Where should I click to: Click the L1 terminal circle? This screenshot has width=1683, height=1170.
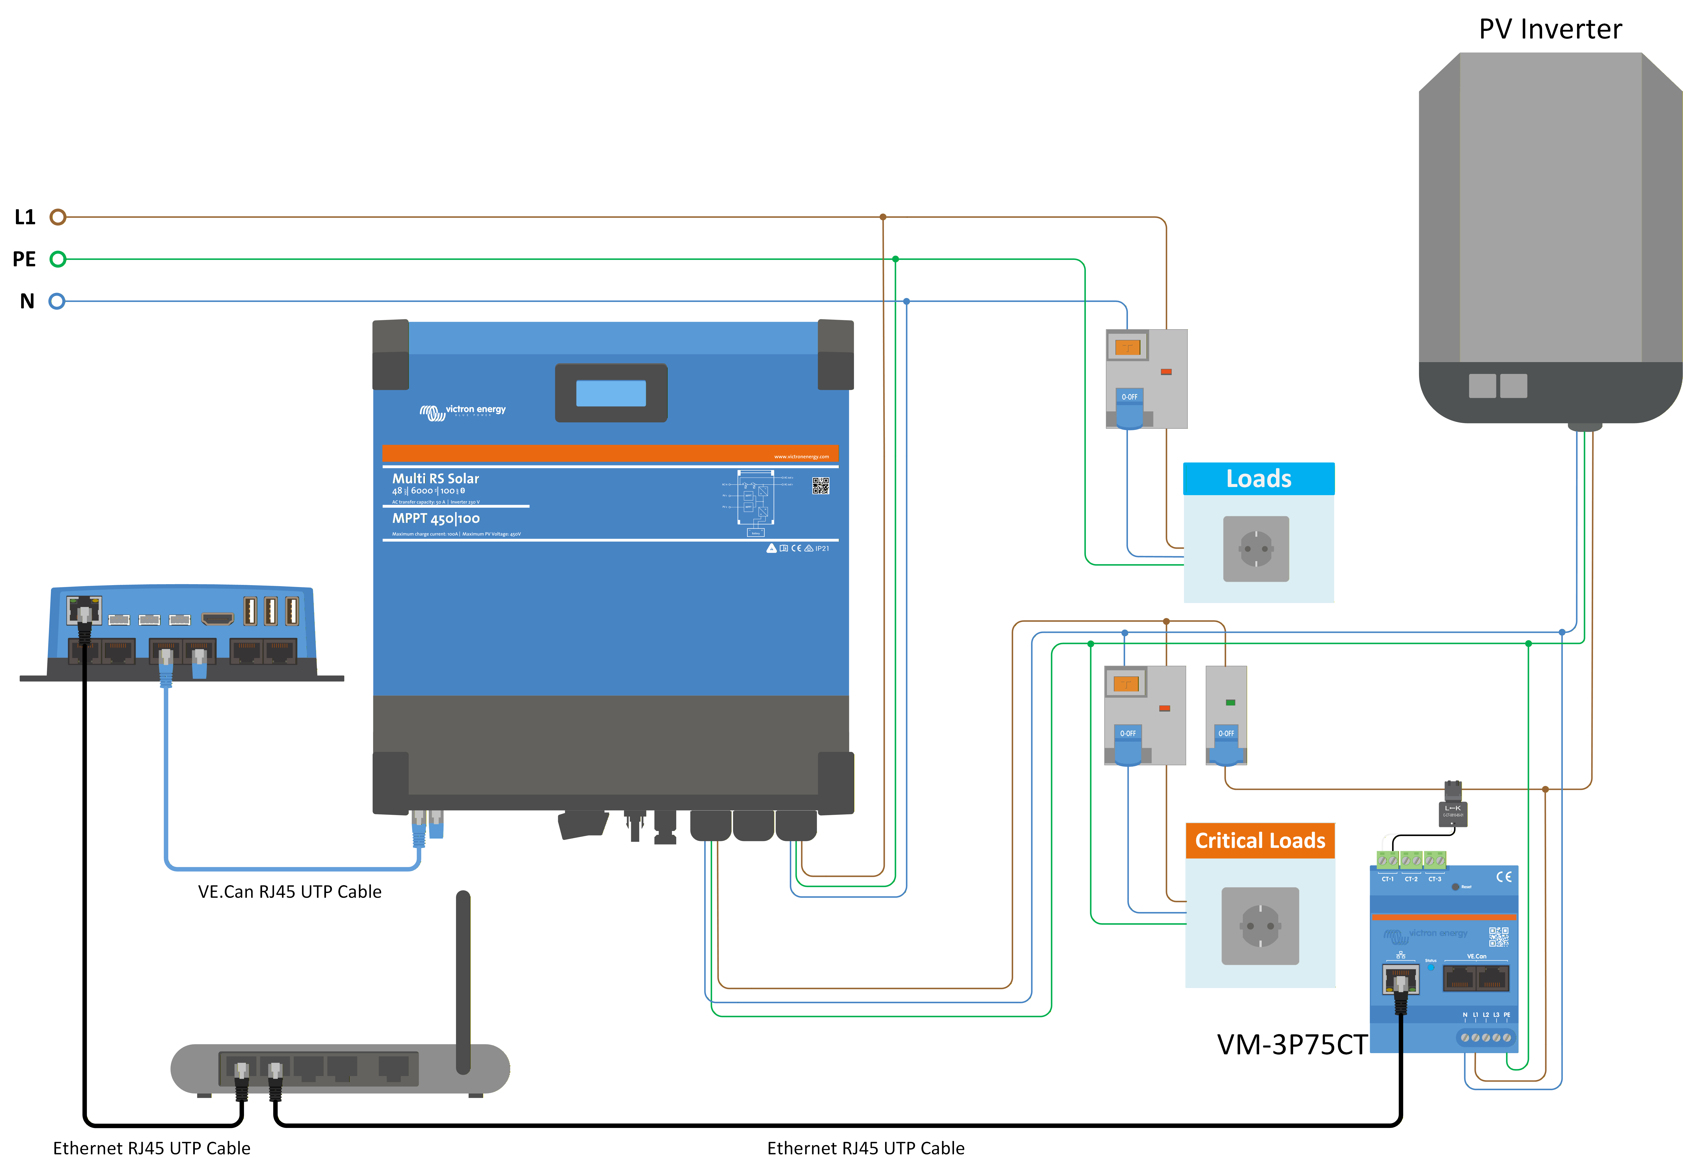(58, 217)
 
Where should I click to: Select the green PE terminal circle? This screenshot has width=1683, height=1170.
(58, 259)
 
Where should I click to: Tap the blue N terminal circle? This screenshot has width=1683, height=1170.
(57, 301)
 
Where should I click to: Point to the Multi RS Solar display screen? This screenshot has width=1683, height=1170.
(611, 393)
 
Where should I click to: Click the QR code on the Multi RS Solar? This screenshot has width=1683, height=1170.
(820, 486)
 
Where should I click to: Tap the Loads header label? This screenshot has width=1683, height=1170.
(1259, 479)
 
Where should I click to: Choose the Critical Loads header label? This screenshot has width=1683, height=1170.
(1260, 841)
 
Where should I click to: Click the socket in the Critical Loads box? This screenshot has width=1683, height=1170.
(1260, 926)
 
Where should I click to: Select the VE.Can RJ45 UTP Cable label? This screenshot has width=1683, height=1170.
(290, 891)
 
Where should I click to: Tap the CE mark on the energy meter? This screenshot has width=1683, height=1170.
(1503, 877)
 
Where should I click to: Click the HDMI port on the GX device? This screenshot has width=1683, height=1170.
(218, 620)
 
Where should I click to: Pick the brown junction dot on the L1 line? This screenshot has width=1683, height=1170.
(883, 217)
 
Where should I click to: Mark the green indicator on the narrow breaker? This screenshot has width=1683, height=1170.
(1231, 702)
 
